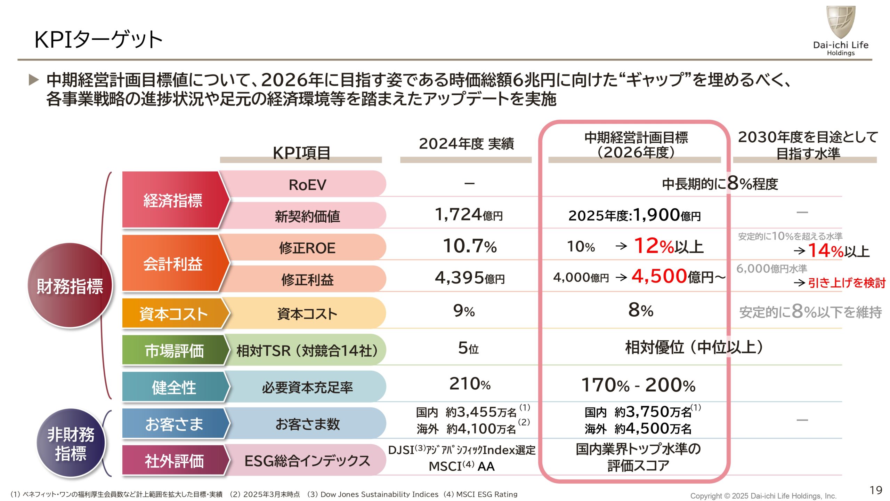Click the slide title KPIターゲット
pyautogui.click(x=98, y=39)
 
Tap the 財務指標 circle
pyautogui.click(x=70, y=286)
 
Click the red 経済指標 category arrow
pyautogui.click(x=173, y=200)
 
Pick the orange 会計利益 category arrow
pyautogui.click(x=173, y=264)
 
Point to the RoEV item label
pyautogui.click(x=307, y=185)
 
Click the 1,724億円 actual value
pyautogui.click(x=469, y=215)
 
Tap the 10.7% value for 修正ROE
pyautogui.click(x=470, y=246)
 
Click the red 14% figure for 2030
pyautogui.click(x=825, y=250)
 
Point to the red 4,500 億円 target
pyautogui.click(x=659, y=276)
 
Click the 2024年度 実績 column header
pyautogui.click(x=466, y=144)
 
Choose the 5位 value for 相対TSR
pyautogui.click(x=468, y=348)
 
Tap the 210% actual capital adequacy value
pyautogui.click(x=470, y=384)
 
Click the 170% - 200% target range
pyautogui.click(x=638, y=385)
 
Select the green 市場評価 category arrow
pyautogui.click(x=174, y=350)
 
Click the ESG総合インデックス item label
pyautogui.click(x=307, y=461)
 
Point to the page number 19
pyautogui.click(x=876, y=490)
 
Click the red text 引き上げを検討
pyautogui.click(x=847, y=283)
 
